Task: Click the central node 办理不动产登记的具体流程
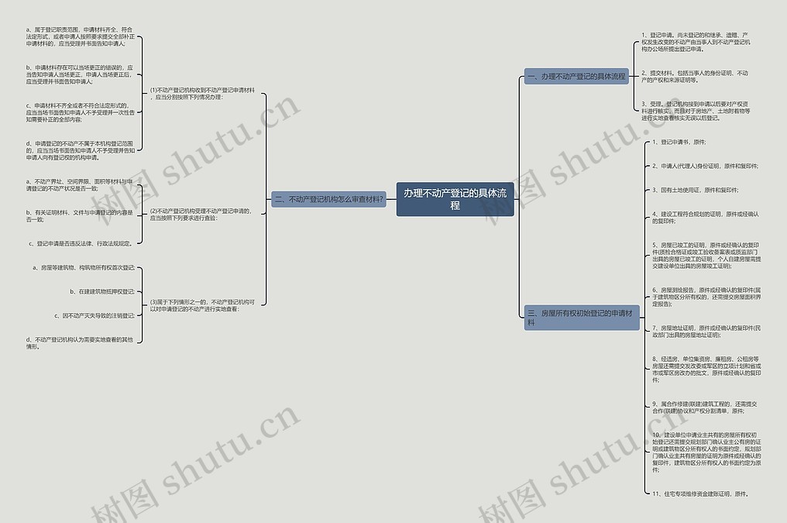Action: click(455, 199)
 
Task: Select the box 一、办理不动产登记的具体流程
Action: click(576, 77)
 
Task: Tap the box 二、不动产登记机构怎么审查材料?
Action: click(329, 199)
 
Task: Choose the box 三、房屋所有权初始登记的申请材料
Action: click(582, 317)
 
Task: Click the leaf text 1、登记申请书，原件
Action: click(679, 143)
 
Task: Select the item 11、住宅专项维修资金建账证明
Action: click(700, 493)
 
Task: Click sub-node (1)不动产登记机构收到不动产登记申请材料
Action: click(202, 94)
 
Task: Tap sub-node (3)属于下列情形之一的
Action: click(202, 305)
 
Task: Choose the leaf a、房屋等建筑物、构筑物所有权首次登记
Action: click(84, 267)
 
